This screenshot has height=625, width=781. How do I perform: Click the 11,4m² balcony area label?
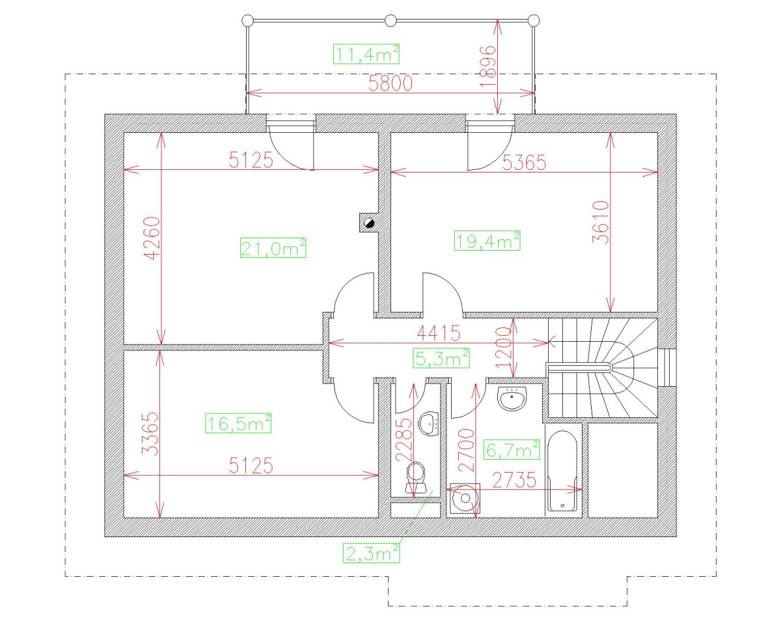(366, 54)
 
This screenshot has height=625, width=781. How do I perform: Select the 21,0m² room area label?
(273, 248)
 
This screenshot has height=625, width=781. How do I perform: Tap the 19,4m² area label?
(487, 241)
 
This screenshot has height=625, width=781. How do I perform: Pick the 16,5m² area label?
(238, 423)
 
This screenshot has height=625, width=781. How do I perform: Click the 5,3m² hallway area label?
(442, 357)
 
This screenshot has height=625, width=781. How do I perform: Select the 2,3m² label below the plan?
(371, 553)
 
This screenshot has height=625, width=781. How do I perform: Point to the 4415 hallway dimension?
(437, 333)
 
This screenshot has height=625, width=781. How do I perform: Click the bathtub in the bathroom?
(563, 470)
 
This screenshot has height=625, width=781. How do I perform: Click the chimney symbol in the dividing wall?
(368, 223)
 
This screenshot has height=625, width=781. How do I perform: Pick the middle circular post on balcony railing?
(390, 21)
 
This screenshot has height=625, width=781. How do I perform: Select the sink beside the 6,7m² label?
(514, 398)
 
